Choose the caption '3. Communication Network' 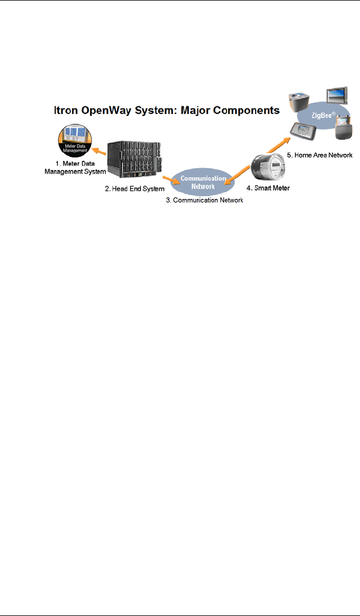(208, 200)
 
